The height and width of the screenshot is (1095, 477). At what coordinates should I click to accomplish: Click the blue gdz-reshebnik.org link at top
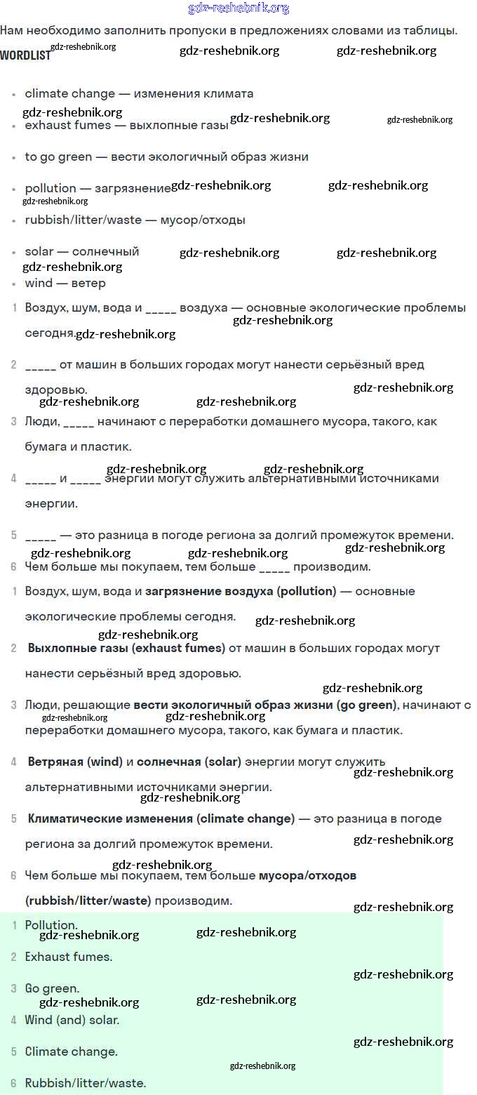click(238, 8)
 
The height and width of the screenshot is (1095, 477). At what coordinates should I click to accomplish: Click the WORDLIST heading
click(25, 55)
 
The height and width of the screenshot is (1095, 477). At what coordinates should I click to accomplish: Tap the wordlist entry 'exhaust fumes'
click(67, 125)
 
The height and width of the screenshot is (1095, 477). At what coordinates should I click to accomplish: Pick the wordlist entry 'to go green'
click(58, 157)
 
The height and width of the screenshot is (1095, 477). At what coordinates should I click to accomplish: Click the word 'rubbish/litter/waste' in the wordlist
click(83, 220)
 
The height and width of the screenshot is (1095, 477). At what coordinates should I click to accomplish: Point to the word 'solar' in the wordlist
click(39, 251)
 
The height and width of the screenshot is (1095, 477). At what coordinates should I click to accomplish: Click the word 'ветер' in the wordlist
click(88, 283)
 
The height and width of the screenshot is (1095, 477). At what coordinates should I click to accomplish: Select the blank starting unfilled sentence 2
click(40, 366)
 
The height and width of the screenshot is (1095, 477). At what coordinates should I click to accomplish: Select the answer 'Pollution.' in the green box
click(51, 925)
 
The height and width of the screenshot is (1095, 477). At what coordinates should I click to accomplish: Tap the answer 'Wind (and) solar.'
click(72, 1020)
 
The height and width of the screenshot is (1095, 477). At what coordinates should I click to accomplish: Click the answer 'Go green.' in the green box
click(52, 988)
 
